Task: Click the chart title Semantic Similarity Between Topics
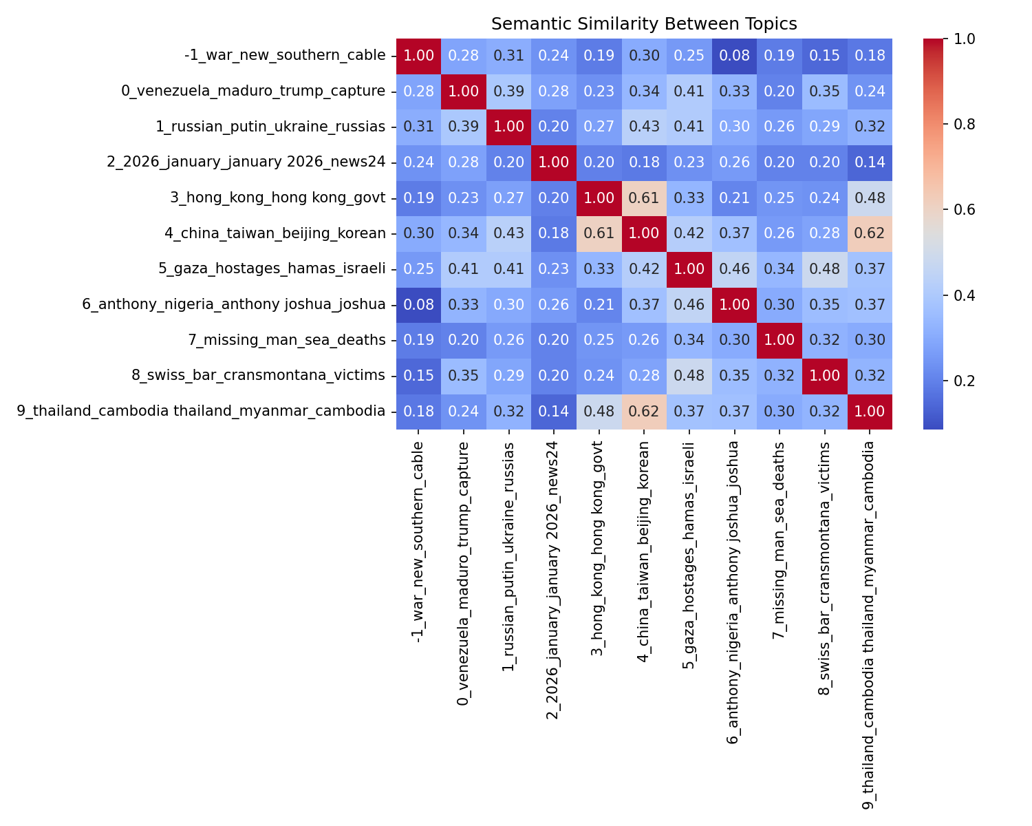click(644, 24)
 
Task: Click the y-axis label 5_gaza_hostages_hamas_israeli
click(272, 268)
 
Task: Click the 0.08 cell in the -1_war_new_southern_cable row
click(734, 56)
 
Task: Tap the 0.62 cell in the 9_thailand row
click(644, 412)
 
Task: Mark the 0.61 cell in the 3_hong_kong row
click(644, 198)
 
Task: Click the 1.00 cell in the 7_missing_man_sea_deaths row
click(780, 340)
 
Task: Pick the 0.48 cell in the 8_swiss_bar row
click(689, 376)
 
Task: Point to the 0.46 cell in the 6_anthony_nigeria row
click(689, 304)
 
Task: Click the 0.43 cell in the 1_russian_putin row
click(644, 127)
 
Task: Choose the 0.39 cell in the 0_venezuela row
click(508, 91)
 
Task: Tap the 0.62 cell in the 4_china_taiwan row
click(870, 233)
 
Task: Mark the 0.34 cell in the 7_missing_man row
click(689, 340)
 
